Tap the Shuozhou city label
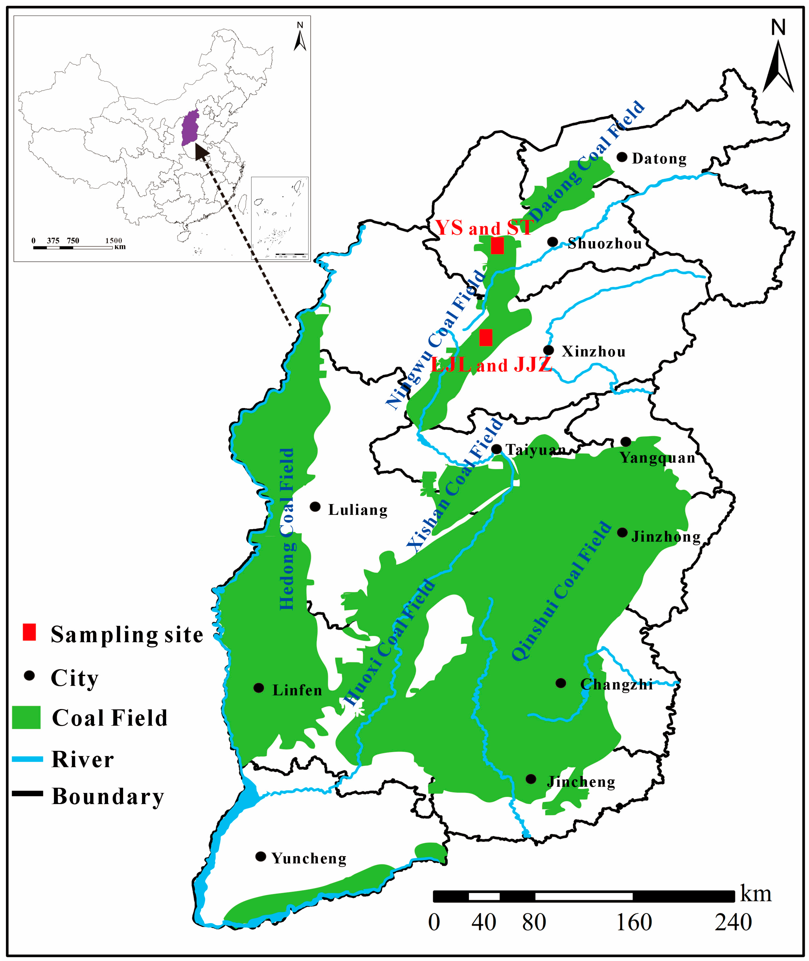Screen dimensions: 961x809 [x=604, y=244]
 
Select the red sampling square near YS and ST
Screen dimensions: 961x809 [x=497, y=245]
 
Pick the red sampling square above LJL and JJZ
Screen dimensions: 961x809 [x=486, y=337]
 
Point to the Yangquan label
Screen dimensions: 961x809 [x=657, y=458]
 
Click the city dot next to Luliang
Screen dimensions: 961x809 [x=315, y=506]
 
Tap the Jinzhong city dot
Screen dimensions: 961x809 [x=622, y=532]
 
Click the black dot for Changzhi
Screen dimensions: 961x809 [x=560, y=683]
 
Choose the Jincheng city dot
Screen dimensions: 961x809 [x=531, y=779]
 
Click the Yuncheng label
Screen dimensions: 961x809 [x=309, y=858]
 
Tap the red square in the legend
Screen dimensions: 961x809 [x=29, y=632]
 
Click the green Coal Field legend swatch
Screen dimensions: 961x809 [x=26, y=717]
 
